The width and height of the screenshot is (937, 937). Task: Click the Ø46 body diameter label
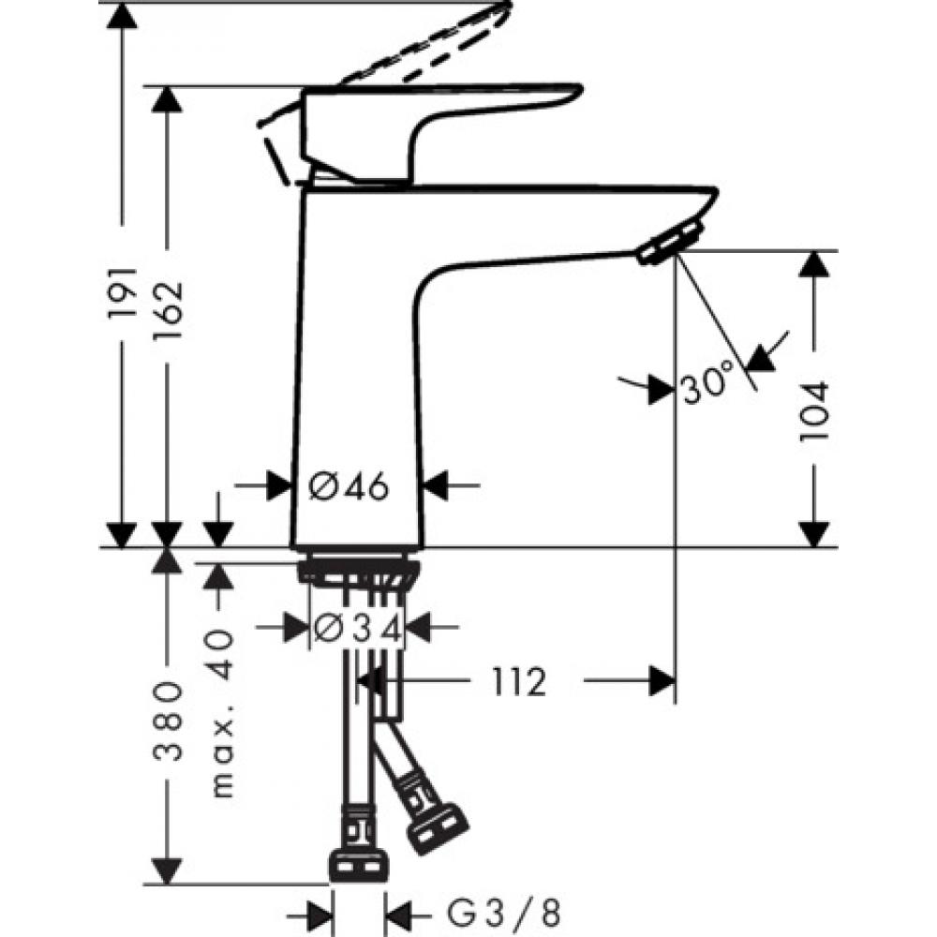click(x=349, y=486)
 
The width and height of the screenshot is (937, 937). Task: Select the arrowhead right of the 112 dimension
click(x=662, y=681)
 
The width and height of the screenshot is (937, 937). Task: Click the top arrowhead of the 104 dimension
click(x=815, y=264)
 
